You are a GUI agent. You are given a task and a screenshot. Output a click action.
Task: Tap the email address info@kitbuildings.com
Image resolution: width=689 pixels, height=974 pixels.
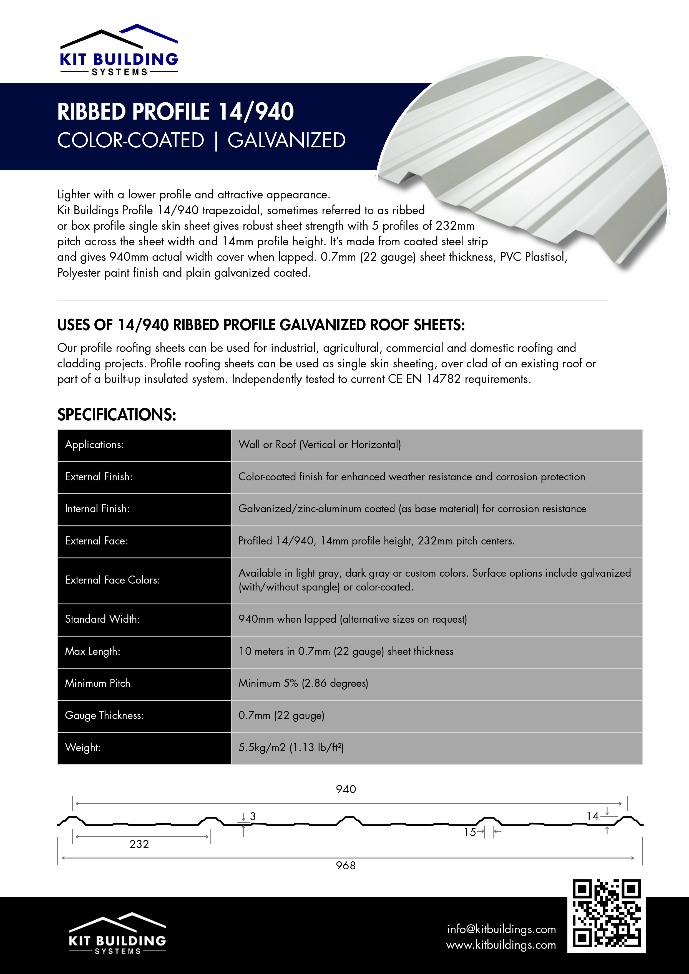[501, 929]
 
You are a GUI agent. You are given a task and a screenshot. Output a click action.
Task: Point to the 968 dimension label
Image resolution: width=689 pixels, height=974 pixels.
[346, 866]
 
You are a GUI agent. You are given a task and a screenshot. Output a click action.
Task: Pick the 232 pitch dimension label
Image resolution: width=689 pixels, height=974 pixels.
[139, 844]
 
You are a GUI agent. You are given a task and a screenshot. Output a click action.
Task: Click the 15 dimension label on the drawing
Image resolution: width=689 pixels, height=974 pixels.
[470, 832]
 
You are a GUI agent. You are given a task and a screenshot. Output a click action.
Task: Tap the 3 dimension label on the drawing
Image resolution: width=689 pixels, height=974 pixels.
[253, 816]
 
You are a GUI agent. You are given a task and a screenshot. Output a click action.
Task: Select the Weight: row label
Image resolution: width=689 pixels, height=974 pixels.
[83, 748]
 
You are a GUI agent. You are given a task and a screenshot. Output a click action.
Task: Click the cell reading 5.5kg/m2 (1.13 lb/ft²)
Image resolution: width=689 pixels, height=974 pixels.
[291, 748]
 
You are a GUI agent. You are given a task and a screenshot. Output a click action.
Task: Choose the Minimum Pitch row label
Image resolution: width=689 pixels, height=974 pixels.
[98, 683]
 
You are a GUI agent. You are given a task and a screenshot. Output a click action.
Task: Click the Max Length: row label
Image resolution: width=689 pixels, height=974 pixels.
[92, 651]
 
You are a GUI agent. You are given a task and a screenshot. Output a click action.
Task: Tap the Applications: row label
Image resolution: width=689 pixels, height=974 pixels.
[94, 445]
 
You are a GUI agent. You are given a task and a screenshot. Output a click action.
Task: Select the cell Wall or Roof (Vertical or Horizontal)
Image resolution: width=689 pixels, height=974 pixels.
[320, 445]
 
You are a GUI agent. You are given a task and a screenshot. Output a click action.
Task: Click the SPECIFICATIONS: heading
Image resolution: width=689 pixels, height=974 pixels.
[117, 415]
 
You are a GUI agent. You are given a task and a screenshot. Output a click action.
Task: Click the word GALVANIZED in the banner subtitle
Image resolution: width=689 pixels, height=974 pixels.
[286, 140]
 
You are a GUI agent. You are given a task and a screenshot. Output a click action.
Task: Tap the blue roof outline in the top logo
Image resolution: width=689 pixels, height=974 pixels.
[149, 32]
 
